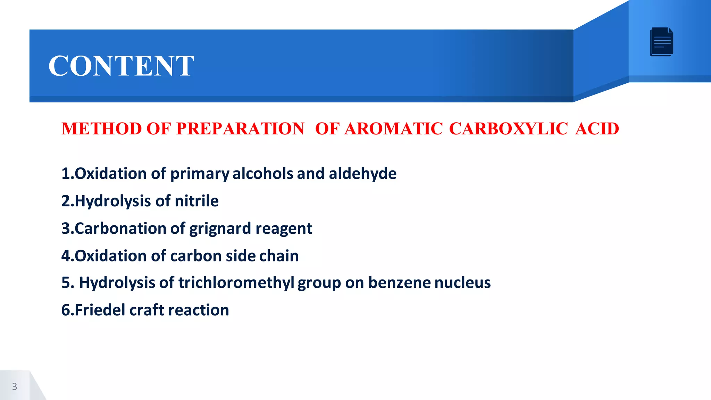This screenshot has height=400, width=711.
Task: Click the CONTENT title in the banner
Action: tap(121, 66)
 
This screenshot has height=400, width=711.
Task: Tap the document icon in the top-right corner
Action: tap(662, 42)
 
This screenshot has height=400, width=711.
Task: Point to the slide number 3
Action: tap(15, 386)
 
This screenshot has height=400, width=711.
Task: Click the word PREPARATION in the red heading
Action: tap(240, 129)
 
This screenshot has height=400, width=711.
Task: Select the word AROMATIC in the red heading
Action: tap(393, 129)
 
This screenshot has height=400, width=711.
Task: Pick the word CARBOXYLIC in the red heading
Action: tap(508, 129)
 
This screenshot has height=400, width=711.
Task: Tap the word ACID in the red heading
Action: tap(597, 129)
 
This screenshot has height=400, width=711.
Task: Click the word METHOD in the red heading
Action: tap(102, 129)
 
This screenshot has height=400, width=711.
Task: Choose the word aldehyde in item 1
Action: tap(362, 174)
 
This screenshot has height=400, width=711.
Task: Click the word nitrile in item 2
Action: tap(196, 201)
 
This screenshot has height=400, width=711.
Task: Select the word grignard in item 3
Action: tap(220, 229)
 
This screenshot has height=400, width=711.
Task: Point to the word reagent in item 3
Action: tap(284, 229)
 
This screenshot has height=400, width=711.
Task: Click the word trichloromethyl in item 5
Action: tap(236, 283)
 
